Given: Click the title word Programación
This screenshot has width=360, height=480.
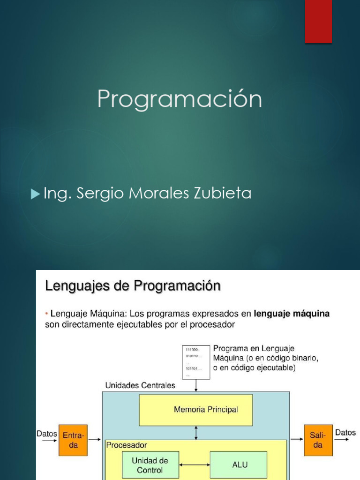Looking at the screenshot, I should coord(180,100).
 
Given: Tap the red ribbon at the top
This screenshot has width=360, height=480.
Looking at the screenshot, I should coord(318,21).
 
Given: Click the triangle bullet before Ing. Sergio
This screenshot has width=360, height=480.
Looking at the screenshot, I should coord(35,194).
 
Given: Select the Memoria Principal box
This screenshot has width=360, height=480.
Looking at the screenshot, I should coord(195,410).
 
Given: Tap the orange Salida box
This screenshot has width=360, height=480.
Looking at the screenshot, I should coord(318,440).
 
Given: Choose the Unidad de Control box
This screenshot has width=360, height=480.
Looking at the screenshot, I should coord(150,465).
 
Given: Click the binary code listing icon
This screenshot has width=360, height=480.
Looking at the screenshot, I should coord(195,362).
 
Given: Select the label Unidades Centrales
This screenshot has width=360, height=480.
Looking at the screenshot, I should coord(140,385).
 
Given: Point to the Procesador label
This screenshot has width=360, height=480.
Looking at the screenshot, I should coord(127,445).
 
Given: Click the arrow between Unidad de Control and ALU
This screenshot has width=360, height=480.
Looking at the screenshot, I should coord(194,465).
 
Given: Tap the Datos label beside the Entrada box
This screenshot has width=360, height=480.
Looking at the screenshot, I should coord(47,434).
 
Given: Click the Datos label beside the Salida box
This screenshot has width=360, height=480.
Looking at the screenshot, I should coord(345,433).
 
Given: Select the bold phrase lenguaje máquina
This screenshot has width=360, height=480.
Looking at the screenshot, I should coord(292,314).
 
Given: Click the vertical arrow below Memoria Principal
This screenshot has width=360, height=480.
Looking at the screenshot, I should coord(195,433).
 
